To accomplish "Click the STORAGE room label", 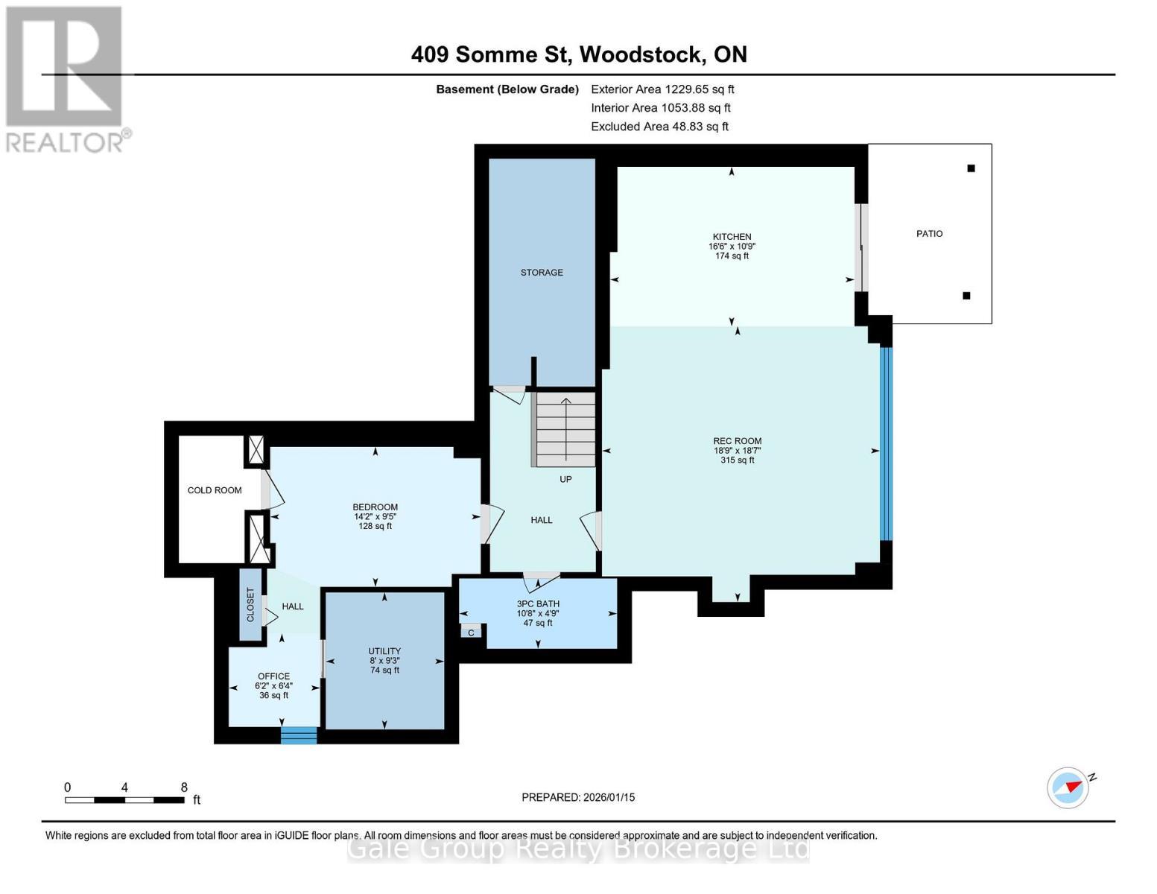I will click(x=542, y=273).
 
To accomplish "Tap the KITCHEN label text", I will click(x=732, y=237).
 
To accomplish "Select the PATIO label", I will click(x=929, y=234).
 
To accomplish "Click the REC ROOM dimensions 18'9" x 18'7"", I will click(x=737, y=451).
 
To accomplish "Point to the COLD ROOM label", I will click(x=215, y=490).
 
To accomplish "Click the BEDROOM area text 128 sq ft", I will click(x=375, y=526).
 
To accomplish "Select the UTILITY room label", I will click(x=384, y=651).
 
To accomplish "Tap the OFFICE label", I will click(x=273, y=676).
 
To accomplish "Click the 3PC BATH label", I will click(x=538, y=604).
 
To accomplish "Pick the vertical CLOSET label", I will click(x=250, y=605).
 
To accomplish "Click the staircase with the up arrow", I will click(x=565, y=430).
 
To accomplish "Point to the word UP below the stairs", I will click(x=565, y=479).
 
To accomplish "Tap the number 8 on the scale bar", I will click(x=184, y=787).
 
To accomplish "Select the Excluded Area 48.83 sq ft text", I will click(x=659, y=127).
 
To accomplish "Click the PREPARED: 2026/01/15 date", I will click(x=578, y=797).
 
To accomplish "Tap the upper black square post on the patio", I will click(x=971, y=168).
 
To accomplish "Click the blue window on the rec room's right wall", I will click(x=886, y=444).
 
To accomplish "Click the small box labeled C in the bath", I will click(x=471, y=633).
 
